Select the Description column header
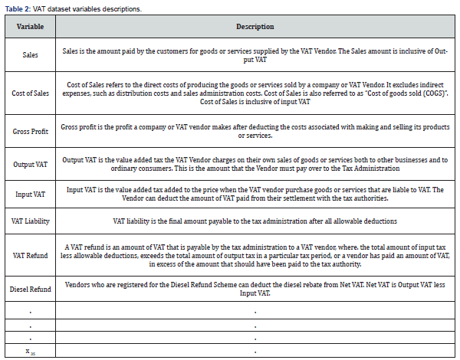(255, 26)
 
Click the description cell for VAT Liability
(255, 221)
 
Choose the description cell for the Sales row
(255, 55)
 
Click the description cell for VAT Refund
(255, 254)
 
